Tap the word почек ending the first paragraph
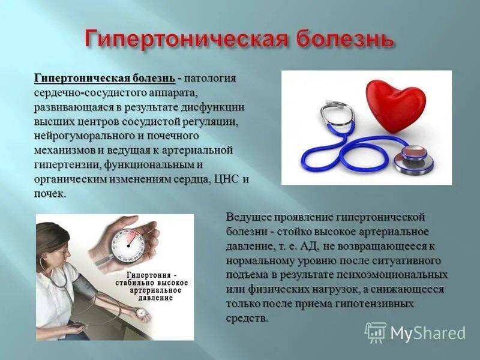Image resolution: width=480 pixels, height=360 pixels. pos(50,194)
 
